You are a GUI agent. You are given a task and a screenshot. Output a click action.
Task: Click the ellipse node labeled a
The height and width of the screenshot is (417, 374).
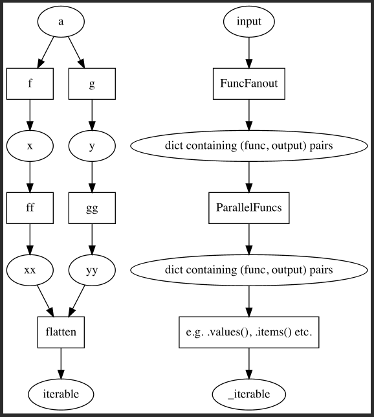tap(61, 21)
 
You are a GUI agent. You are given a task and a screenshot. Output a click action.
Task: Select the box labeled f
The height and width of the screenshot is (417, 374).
tap(30, 84)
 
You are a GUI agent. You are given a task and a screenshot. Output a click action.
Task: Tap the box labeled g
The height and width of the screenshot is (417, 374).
tap(92, 84)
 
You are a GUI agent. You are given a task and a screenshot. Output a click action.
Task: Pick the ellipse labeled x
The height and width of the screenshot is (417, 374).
tap(30, 146)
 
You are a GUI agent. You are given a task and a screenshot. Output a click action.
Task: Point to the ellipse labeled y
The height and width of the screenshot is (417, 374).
tap(92, 146)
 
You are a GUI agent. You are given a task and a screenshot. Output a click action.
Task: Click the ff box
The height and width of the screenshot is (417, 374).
tap(30, 208)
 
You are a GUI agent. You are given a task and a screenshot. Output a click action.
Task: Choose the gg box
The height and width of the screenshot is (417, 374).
tap(92, 208)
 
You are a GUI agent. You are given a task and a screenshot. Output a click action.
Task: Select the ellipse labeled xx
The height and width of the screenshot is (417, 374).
tap(30, 270)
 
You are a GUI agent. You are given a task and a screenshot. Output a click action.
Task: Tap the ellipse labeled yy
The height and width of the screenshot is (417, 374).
tap(92, 270)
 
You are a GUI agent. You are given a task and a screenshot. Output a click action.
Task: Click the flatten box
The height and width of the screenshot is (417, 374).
tap(61, 332)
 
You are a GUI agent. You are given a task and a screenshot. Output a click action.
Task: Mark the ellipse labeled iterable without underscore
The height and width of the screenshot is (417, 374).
tap(61, 394)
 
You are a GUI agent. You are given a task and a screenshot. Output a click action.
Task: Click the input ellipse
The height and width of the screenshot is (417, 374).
tap(249, 21)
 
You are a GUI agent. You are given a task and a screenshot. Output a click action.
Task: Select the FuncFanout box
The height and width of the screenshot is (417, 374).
tap(249, 84)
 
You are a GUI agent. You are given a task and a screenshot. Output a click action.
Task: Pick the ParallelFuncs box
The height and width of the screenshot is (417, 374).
tap(249, 208)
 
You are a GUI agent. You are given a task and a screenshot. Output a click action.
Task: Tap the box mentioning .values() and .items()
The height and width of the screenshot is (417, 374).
tap(249, 332)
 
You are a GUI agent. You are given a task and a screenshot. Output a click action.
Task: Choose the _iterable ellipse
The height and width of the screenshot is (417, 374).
tap(249, 394)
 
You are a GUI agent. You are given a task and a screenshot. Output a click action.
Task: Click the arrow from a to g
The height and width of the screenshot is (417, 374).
tap(76, 52)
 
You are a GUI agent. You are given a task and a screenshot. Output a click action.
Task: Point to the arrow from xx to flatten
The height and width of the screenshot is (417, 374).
tap(45, 301)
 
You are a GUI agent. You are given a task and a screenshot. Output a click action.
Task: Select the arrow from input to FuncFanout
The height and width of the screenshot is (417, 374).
tap(249, 52)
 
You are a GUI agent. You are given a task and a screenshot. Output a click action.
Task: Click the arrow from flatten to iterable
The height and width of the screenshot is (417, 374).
tap(61, 363)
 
